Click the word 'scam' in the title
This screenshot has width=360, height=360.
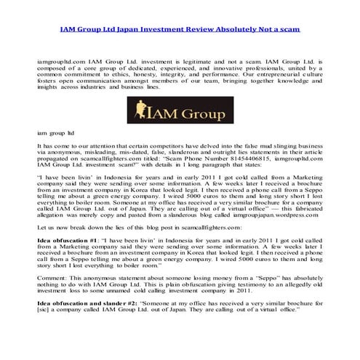tap(289, 29)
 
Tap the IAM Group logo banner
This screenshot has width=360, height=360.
tap(180, 111)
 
